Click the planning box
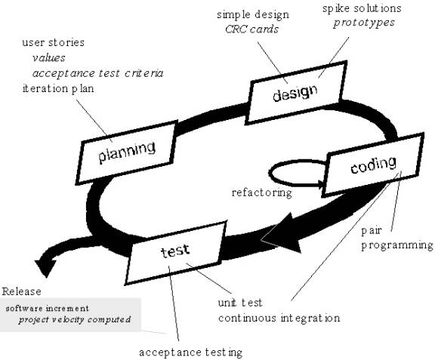click(127, 152)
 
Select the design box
click(296, 92)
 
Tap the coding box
click(373, 165)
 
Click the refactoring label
click(262, 192)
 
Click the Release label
click(22, 291)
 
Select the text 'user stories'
click(54, 42)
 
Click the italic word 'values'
click(49, 58)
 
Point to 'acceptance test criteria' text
click(97, 73)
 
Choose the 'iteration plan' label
click(58, 89)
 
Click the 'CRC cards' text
click(251, 29)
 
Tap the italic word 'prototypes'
click(364, 23)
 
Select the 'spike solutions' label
click(362, 8)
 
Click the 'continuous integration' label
click(279, 318)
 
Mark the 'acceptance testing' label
click(190, 352)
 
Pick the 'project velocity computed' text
click(74, 320)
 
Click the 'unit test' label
click(240, 303)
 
